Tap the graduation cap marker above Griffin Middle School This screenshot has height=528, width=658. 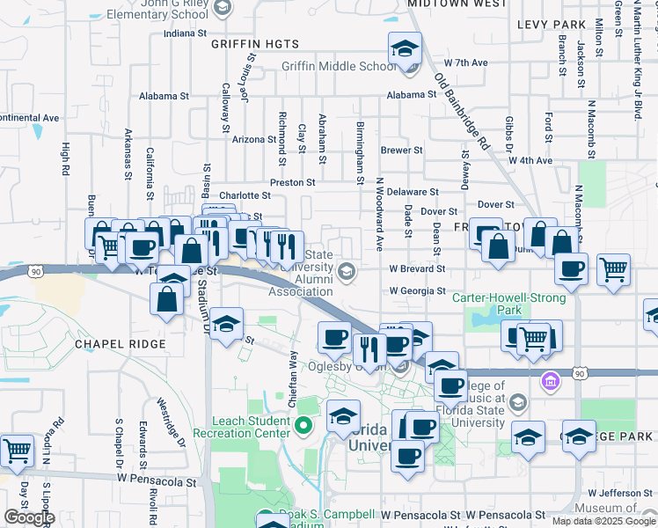(x=405, y=48)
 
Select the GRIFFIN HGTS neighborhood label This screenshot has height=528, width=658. (x=255, y=43)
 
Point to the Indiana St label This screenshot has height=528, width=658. (x=184, y=33)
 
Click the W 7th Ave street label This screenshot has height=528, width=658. (x=465, y=63)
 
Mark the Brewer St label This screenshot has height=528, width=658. (x=402, y=150)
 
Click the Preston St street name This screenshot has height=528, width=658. (x=292, y=182)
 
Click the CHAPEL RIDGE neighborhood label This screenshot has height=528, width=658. (x=120, y=343)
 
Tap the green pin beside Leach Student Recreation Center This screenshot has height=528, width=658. (x=304, y=427)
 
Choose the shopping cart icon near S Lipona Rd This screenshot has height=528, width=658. (x=16, y=451)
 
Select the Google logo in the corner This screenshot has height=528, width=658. (x=28, y=517)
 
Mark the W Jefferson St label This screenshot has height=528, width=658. (x=617, y=493)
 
